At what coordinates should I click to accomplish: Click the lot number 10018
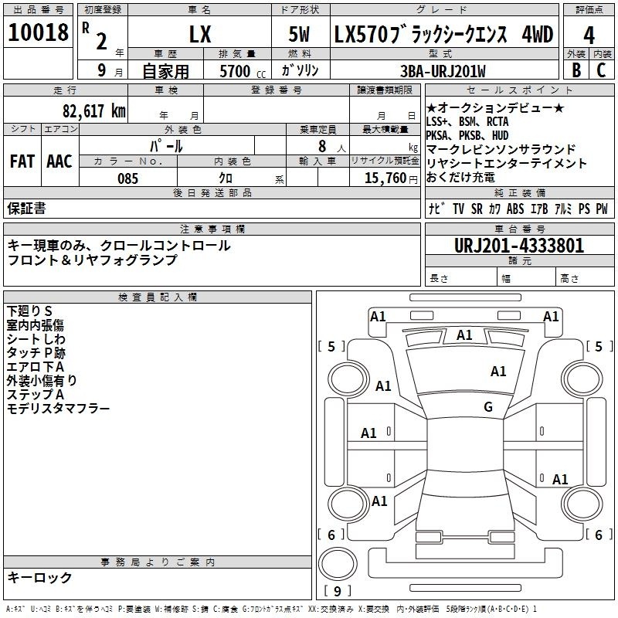38,32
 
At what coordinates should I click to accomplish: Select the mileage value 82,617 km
94,110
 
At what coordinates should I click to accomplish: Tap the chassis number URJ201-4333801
518,246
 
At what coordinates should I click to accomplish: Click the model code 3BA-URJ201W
444,71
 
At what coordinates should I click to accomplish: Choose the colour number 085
127,178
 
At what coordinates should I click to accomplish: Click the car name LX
199,35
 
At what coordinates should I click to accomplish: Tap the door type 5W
300,35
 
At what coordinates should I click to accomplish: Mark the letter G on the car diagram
488,407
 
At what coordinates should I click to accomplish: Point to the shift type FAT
22,161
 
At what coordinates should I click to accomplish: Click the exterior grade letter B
576,71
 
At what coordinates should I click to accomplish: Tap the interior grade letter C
602,71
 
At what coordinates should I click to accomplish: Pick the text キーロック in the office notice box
40,578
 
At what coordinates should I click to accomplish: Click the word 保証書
26,208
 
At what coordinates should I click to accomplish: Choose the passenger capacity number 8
320,146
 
